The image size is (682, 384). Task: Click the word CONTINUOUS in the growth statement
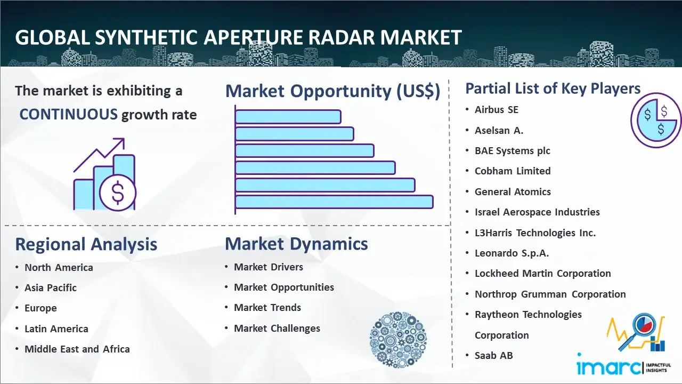coord(69,115)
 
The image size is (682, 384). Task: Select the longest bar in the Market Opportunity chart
coord(334,202)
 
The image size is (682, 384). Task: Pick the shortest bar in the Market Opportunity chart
coord(288,117)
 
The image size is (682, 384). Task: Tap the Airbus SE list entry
coord(496,109)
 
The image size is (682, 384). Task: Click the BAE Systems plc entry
coord(513,150)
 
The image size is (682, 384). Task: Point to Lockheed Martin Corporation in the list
coord(542,274)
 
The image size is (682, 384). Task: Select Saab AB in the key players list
coord(493,355)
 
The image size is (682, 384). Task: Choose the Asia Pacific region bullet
coord(51,287)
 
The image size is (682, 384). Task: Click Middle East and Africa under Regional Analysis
coord(77,349)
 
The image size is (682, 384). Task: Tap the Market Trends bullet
coord(267,308)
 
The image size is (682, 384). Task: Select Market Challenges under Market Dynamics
coord(277,328)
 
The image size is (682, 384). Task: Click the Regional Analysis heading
coord(86,244)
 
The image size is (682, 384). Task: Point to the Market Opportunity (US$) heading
coord(333,91)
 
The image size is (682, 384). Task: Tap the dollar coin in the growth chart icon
coord(118,193)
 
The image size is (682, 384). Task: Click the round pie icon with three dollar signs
coord(656,121)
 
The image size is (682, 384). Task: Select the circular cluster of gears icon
coord(398,340)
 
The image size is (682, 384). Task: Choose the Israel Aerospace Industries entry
coord(537,212)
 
